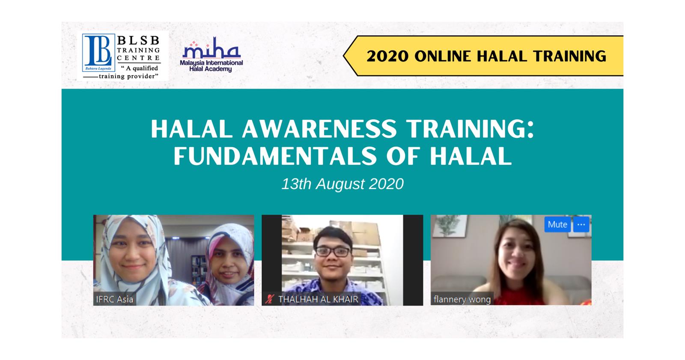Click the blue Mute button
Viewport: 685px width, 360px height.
coord(557,224)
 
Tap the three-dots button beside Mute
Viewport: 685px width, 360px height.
coord(581,224)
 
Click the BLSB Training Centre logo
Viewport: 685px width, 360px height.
coord(122,57)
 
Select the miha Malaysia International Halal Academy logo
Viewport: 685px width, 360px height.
coord(211,55)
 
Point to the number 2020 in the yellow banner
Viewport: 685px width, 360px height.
coord(387,56)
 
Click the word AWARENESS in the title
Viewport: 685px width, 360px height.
coord(319,129)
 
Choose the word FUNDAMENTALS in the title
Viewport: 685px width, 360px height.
coord(275,156)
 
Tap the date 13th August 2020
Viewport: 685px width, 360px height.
coord(342,184)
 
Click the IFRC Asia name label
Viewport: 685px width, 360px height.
coord(115,299)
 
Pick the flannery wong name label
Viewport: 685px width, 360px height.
coord(462,299)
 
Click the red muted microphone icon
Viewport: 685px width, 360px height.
coord(269,299)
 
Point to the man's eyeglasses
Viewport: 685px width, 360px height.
coord(333,252)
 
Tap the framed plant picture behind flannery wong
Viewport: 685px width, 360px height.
coord(449,226)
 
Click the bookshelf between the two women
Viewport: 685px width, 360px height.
coord(198,269)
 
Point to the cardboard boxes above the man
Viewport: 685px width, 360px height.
coord(330,231)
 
